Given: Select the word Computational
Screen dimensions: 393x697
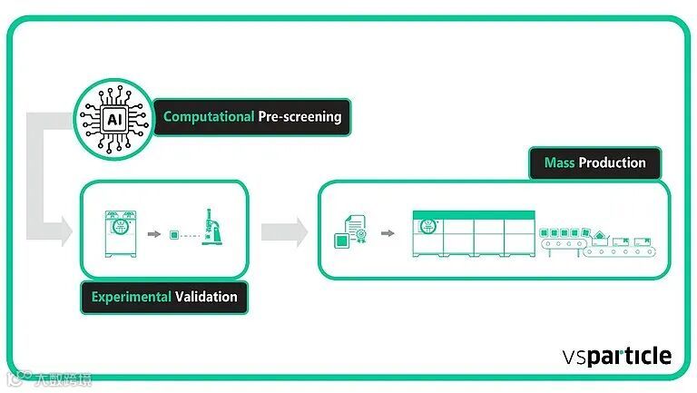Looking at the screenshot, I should (208, 117).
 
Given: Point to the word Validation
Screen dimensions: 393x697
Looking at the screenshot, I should (207, 297).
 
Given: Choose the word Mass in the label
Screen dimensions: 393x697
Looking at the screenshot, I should (559, 163).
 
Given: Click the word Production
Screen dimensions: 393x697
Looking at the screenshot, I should (612, 163).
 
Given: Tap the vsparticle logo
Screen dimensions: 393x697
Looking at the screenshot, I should (616, 355).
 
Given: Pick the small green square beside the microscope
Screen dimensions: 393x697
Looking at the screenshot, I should (174, 234).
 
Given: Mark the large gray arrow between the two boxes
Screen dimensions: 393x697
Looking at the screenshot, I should (284, 231).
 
